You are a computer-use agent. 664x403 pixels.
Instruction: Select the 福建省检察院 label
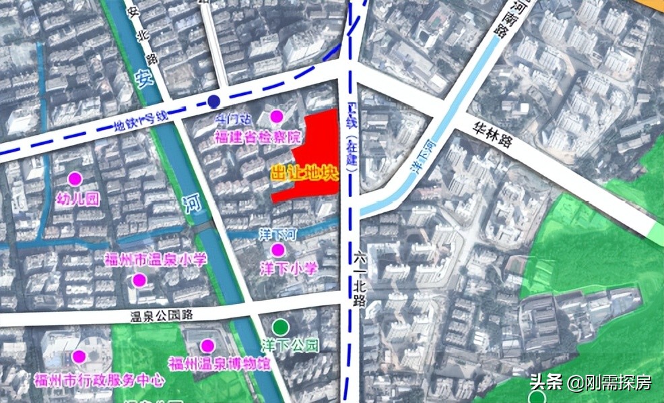(x=258, y=137)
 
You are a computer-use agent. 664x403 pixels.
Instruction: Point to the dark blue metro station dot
(x=213, y=102)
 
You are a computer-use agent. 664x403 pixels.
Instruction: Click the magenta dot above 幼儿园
(x=74, y=179)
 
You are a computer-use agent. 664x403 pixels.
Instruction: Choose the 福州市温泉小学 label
(x=156, y=259)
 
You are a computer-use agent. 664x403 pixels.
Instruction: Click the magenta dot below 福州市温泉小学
(x=139, y=280)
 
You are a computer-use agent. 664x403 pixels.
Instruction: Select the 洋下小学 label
(x=288, y=269)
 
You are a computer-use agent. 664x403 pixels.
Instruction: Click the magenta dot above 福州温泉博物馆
(x=207, y=346)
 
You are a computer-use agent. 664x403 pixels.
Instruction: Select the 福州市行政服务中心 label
(x=98, y=381)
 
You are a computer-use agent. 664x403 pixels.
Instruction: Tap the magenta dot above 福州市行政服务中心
(x=79, y=356)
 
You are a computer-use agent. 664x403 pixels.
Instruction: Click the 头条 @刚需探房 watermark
(x=590, y=383)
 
